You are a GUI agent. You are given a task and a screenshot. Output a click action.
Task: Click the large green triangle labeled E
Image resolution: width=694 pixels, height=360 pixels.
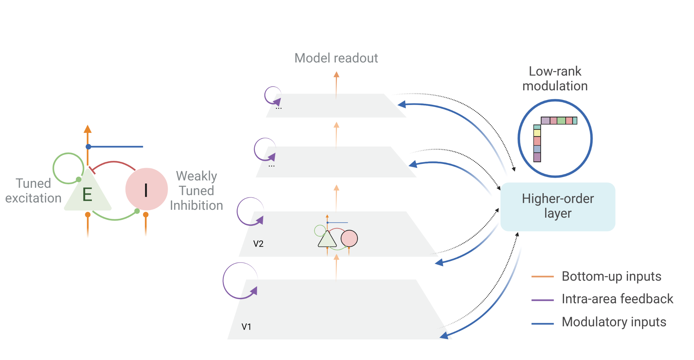pos(87,194)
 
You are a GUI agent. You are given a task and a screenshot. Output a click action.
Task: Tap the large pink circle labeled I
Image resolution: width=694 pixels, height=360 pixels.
pos(146,189)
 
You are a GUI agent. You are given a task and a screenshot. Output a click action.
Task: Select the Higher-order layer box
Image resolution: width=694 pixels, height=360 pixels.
pos(558,207)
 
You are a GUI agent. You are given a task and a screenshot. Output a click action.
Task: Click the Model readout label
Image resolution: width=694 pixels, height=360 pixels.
pos(336,58)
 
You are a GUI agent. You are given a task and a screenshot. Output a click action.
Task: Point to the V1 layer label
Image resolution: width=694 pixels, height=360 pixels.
pos(246,327)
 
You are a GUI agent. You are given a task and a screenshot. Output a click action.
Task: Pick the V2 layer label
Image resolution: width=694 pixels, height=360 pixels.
pos(258,244)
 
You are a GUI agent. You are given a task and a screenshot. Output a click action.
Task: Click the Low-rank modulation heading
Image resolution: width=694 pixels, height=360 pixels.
pos(555,78)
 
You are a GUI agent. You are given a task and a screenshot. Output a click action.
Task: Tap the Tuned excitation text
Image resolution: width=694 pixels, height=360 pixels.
pos(33,191)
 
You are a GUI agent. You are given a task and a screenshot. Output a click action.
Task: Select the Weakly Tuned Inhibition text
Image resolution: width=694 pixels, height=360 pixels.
pos(196,191)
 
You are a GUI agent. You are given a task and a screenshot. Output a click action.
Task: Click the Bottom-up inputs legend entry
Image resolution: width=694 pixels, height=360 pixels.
pos(611,276)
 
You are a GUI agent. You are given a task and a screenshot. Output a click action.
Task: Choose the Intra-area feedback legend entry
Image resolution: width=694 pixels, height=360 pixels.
pos(617,299)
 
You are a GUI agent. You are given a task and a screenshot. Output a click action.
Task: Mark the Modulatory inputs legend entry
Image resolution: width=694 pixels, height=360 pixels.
pos(614,322)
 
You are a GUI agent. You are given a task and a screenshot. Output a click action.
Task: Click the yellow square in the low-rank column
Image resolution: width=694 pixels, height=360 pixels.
pos(537,133)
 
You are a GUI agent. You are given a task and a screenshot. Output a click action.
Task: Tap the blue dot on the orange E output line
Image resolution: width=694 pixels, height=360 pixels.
pos(88,147)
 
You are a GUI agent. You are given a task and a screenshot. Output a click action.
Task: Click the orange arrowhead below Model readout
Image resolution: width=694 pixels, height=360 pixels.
pos(336,75)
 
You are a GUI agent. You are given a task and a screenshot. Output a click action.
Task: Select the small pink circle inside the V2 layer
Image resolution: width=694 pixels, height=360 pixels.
pos(349,239)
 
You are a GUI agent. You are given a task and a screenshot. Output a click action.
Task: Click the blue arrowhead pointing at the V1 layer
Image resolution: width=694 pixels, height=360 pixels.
pos(444,336)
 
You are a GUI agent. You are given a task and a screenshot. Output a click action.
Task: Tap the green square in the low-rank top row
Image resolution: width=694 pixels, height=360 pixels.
pos(561,121)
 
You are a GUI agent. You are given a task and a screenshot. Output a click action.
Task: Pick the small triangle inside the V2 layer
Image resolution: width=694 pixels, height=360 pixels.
pos(327,240)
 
